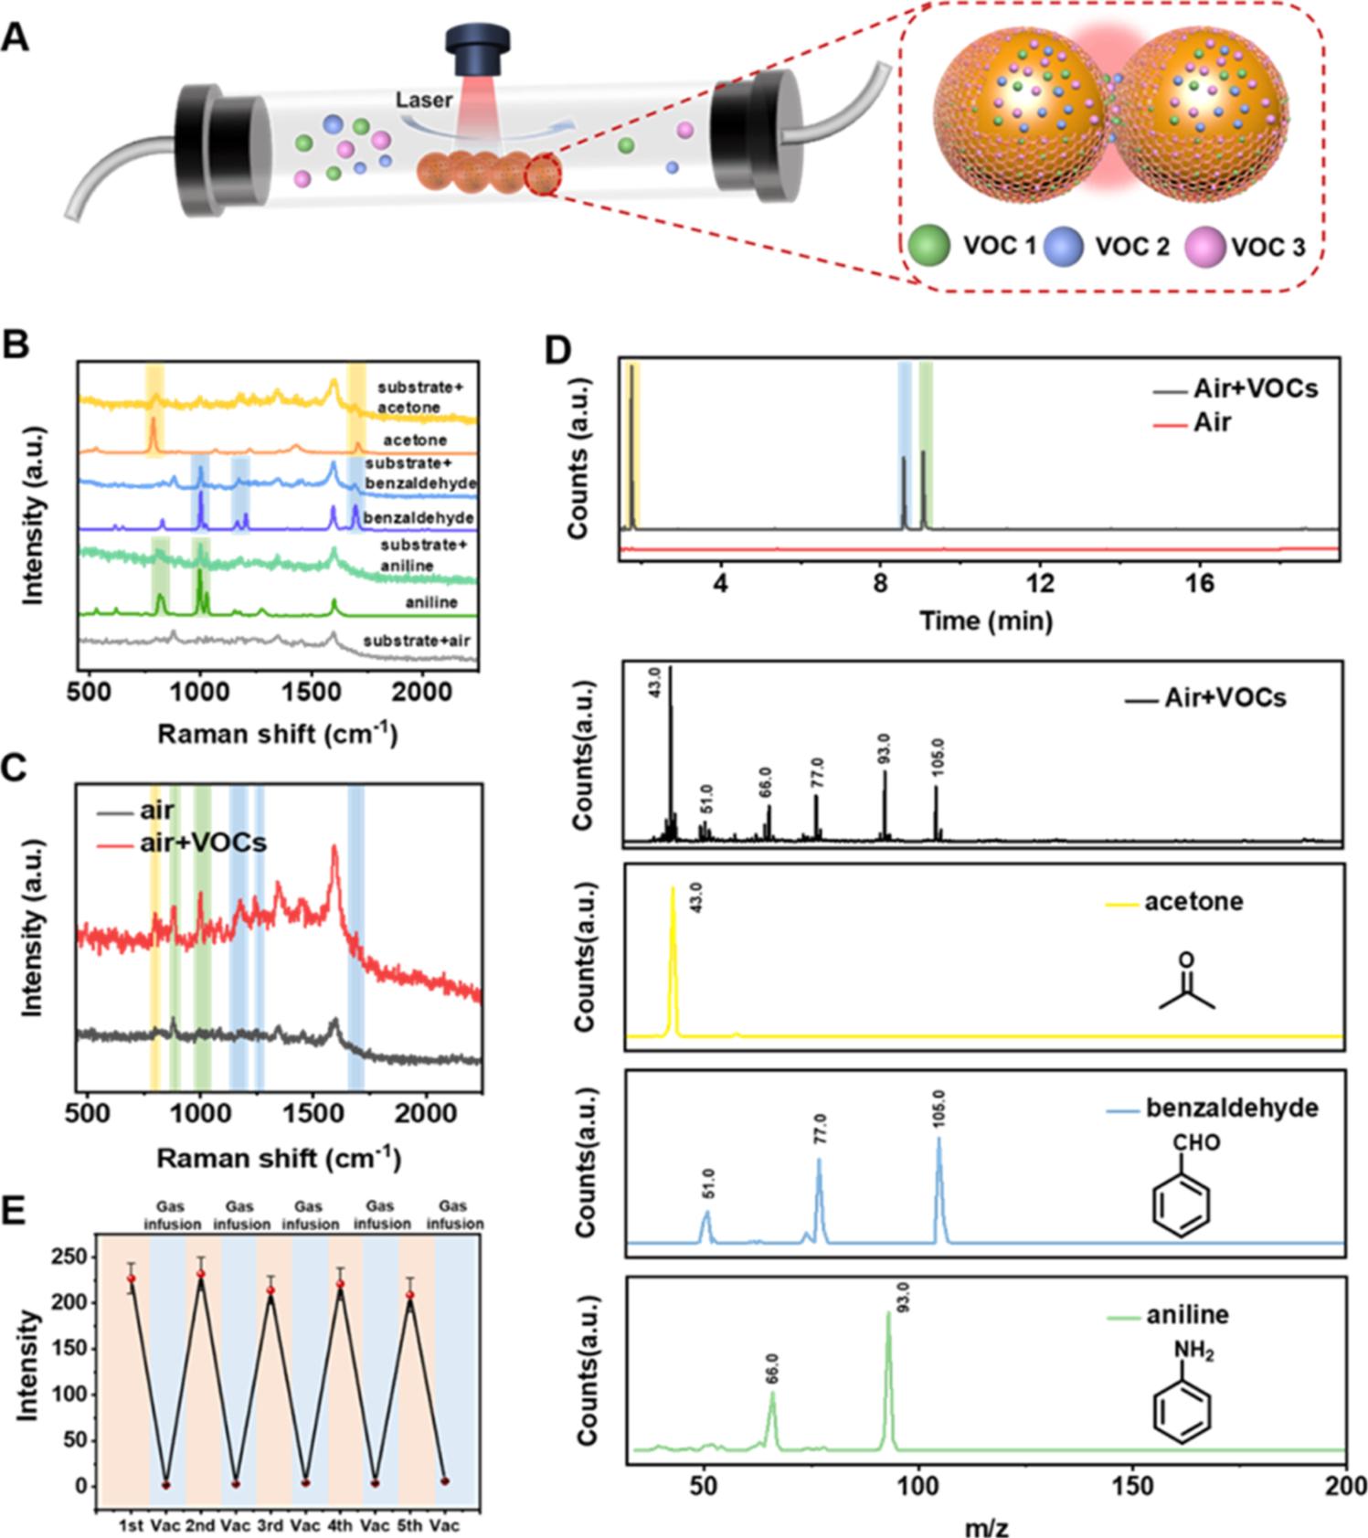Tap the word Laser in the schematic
tap(424, 100)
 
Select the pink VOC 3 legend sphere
tap(1205, 247)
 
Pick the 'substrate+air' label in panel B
tap(417, 641)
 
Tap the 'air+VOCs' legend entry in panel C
tap(203, 842)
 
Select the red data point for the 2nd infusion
tap(201, 1274)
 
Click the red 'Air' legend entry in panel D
tap(1212, 422)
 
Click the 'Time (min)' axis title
tap(986, 621)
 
